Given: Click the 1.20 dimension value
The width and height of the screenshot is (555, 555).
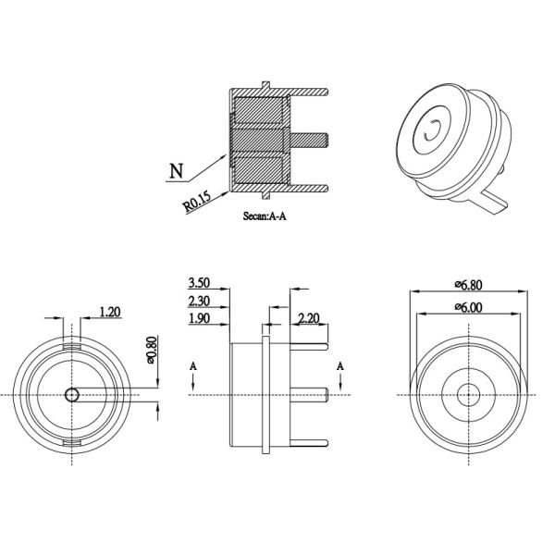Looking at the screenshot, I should (x=109, y=313).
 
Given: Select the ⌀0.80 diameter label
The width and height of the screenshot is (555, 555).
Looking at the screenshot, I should (x=153, y=350).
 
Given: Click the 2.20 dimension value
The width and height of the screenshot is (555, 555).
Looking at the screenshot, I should (x=308, y=319).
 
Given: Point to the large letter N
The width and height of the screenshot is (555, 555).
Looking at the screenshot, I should (x=176, y=171).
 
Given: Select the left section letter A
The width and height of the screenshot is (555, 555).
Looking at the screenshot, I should (x=192, y=367).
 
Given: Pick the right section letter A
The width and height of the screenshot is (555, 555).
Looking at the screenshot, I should (x=341, y=367).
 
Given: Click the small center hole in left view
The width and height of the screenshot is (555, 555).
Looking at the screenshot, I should (x=72, y=395).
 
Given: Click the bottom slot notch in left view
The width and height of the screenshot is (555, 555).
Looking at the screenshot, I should (x=72, y=445).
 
